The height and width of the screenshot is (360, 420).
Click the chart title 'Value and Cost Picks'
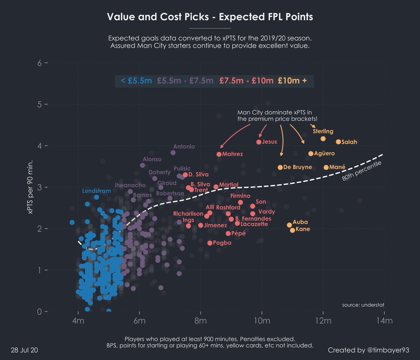pos(210,17)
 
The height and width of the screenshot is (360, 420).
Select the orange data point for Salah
pos(338,142)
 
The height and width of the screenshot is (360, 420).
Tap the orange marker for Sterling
pos(323,139)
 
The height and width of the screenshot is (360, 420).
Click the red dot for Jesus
pos(259,142)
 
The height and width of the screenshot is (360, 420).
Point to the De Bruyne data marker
pos(280,167)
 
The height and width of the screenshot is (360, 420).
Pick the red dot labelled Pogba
pos(210,243)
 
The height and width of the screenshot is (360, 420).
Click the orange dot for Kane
pos(292,230)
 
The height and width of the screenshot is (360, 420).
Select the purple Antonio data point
pos(173,153)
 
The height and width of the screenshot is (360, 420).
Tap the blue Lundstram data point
pos(97,197)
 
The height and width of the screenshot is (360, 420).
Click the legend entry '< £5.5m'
pos(136,81)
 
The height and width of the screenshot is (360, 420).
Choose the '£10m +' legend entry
pos(292,81)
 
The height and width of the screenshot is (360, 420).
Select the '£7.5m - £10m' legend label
pos(246,81)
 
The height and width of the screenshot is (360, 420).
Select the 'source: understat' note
pos(363,305)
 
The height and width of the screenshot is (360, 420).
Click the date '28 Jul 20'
pos(24,350)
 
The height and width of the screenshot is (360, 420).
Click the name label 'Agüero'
pos(324,154)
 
